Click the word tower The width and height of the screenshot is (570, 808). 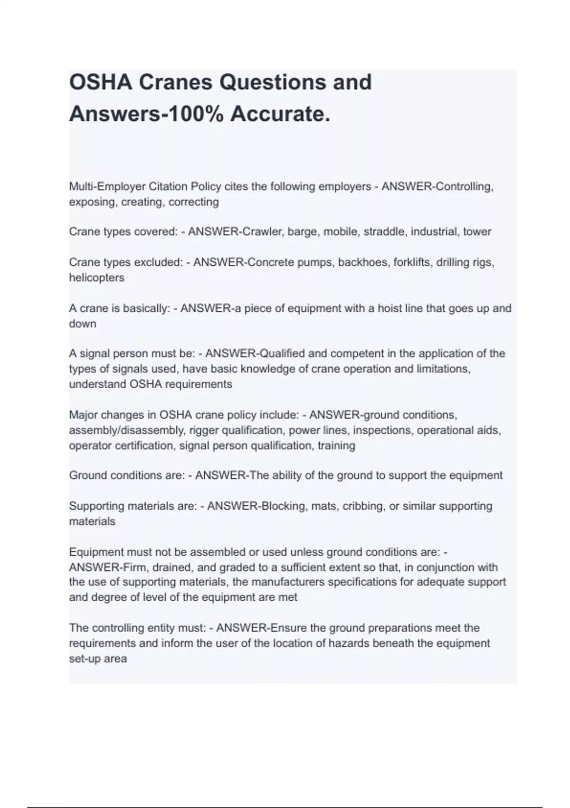pyautogui.click(x=477, y=231)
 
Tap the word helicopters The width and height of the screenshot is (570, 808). pyautogui.click(x=96, y=278)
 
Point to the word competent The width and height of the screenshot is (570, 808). pyautogui.click(x=344, y=354)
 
